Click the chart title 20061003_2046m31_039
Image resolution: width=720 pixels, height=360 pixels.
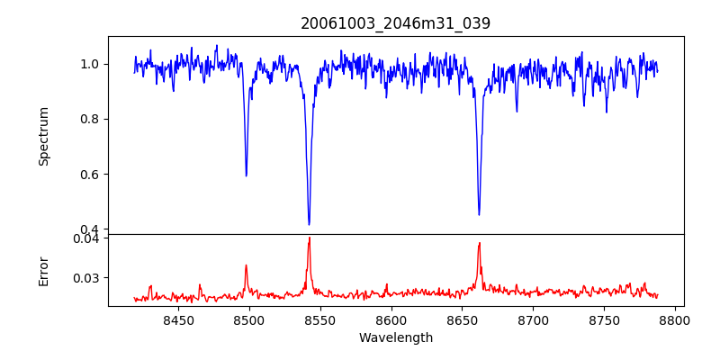point(395,23)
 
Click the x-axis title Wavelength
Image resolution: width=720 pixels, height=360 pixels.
point(395,337)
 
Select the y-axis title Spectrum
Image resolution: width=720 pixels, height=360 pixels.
point(44,136)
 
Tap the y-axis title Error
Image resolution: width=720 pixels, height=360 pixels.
point(44,270)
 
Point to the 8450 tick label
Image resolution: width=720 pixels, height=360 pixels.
point(178,319)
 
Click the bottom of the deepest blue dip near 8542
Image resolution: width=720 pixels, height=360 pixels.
point(309,224)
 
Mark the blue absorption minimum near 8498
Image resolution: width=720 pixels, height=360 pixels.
point(247,175)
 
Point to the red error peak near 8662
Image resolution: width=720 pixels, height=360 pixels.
point(480,243)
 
